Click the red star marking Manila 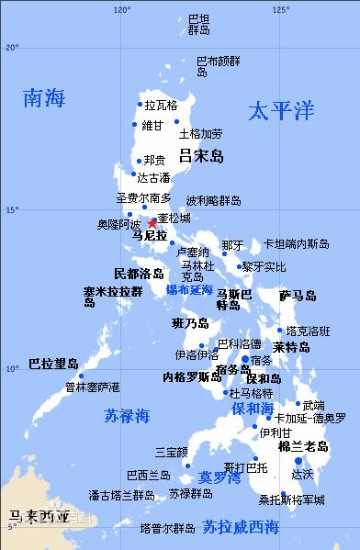coord(152,222)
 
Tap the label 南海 coord(46,99)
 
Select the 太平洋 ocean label coord(281,111)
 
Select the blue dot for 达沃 coord(298,461)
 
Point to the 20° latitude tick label coord(12,47)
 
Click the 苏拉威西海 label coord(241,526)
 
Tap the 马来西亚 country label coord(35,517)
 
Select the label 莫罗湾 coord(219,477)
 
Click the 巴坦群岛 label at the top coord(198,24)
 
